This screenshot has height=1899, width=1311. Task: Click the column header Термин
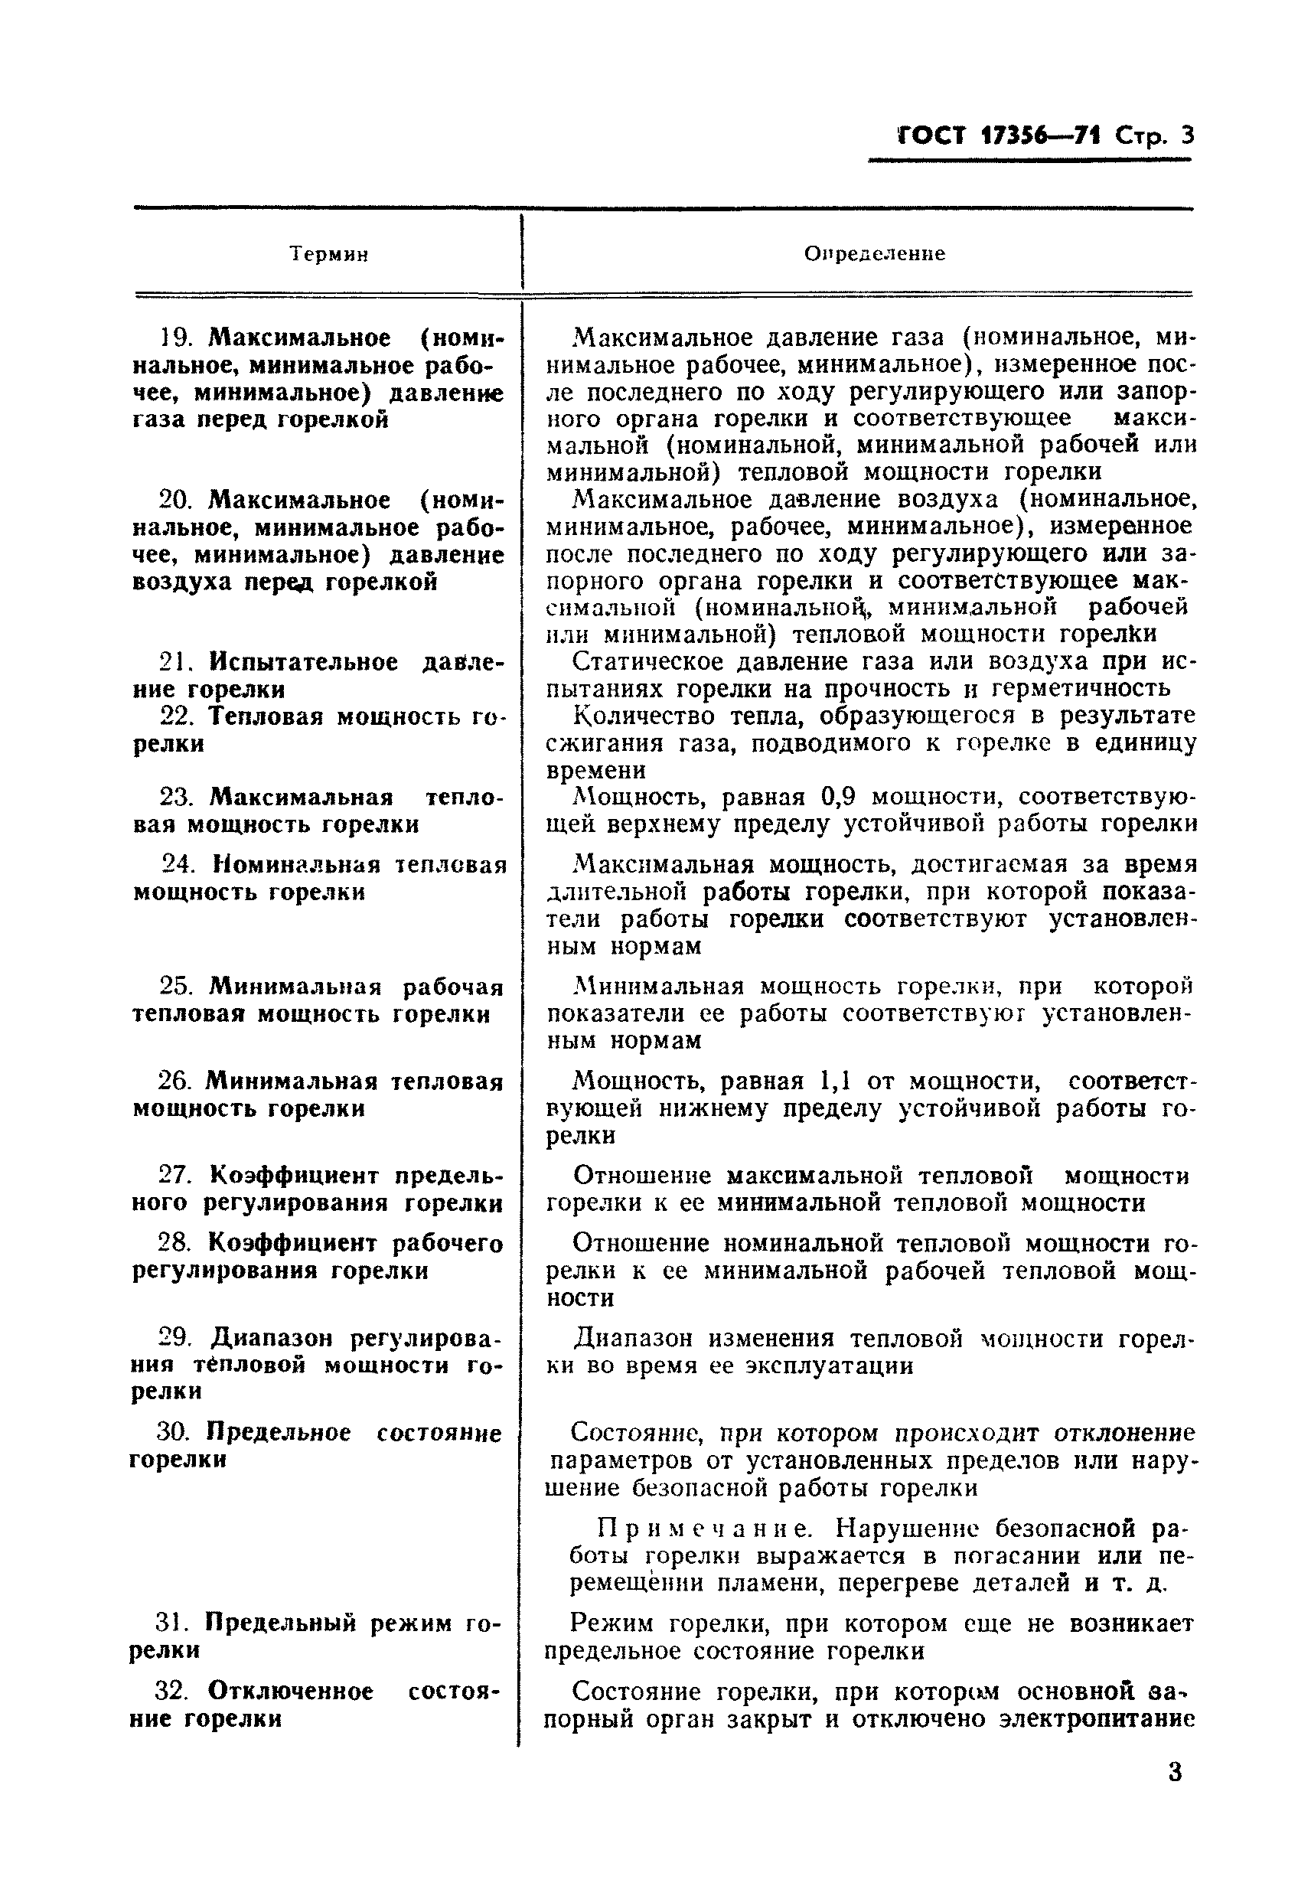point(328,255)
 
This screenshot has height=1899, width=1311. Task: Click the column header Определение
point(874,254)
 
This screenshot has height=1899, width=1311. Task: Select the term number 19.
point(174,338)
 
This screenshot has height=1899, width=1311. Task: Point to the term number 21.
point(174,662)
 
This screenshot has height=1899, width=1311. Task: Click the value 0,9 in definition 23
point(838,797)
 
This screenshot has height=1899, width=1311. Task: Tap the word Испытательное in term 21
point(303,662)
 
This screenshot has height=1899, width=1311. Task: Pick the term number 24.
point(178,865)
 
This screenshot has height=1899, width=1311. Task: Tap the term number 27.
point(174,1176)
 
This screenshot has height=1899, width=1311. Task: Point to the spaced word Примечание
point(704,1528)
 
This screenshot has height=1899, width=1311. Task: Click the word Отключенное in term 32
point(291,1692)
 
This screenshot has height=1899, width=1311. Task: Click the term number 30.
point(172,1434)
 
